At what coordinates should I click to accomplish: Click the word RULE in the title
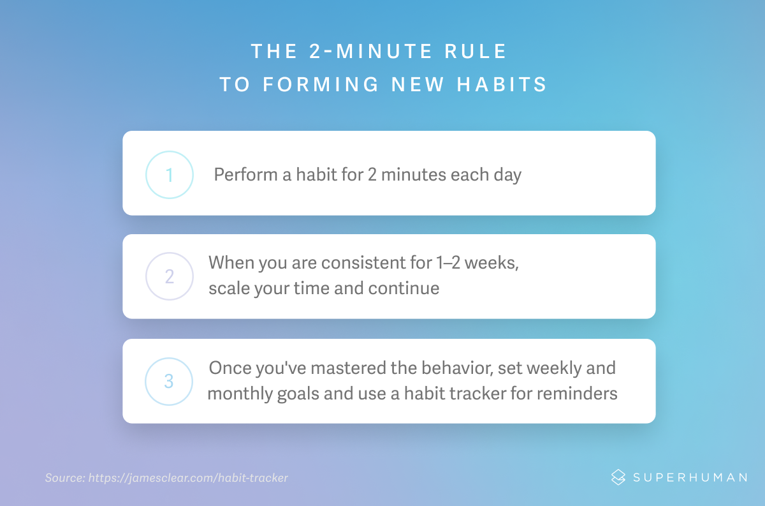point(475,51)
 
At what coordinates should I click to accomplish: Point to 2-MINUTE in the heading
point(371,51)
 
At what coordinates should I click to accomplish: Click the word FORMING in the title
point(321,84)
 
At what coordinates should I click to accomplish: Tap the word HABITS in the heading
point(502,84)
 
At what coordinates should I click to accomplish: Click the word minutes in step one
point(414,174)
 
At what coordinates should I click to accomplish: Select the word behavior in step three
point(457,369)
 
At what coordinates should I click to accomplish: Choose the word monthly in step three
point(240,394)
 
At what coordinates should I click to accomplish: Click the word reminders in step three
point(577,393)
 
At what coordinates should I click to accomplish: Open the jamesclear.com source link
point(188,478)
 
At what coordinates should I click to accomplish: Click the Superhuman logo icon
point(618,477)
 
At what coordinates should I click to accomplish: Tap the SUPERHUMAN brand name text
point(690,477)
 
